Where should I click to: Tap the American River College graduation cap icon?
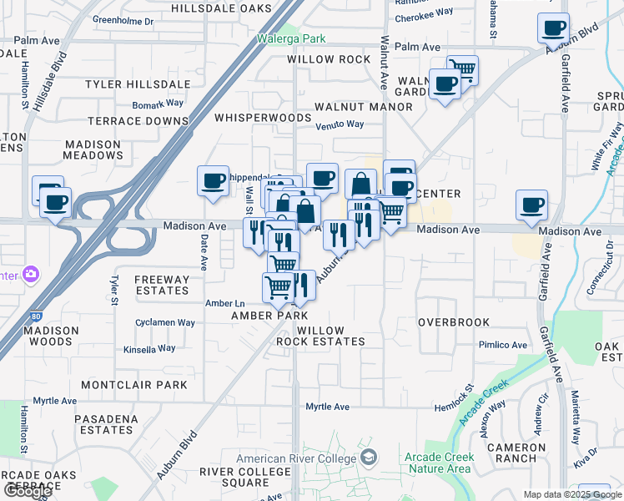tap(368, 458)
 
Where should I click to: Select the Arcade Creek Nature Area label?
tap(439, 463)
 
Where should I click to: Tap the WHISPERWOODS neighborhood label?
tap(263, 118)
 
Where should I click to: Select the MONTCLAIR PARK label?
tap(135, 385)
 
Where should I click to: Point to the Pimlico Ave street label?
tap(502, 345)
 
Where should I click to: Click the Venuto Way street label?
tap(340, 124)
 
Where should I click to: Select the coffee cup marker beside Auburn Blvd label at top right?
tap(553, 28)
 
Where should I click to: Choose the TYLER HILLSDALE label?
tap(138, 84)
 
